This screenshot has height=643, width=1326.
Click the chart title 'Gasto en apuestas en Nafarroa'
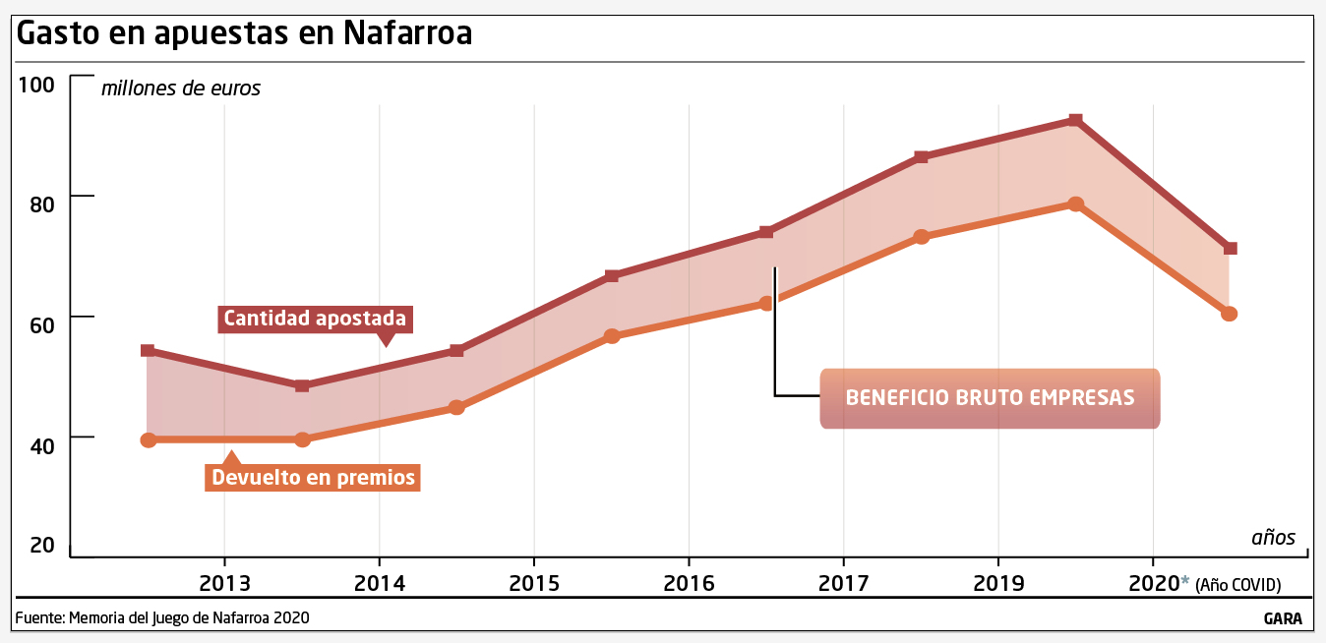(x=245, y=32)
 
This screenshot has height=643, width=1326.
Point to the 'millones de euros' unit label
(x=181, y=88)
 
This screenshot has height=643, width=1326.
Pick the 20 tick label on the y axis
(x=41, y=545)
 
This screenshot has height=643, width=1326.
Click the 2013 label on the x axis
(x=224, y=583)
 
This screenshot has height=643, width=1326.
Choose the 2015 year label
(x=534, y=583)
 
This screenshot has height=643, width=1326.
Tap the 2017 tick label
(x=843, y=583)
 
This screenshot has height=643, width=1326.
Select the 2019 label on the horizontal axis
(x=998, y=583)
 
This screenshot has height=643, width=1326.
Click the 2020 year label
(x=1153, y=583)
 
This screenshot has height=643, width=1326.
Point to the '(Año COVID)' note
(x=1238, y=585)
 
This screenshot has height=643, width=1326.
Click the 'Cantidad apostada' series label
(x=315, y=319)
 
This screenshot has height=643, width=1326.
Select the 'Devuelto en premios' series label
(x=313, y=478)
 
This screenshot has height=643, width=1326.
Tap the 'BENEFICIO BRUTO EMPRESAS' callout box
(x=990, y=398)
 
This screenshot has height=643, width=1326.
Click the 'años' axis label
(x=1273, y=537)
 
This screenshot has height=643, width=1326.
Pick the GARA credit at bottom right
(x=1284, y=619)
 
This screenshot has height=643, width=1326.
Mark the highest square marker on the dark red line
(x=1075, y=120)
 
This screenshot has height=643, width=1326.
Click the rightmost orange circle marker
(x=1229, y=314)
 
